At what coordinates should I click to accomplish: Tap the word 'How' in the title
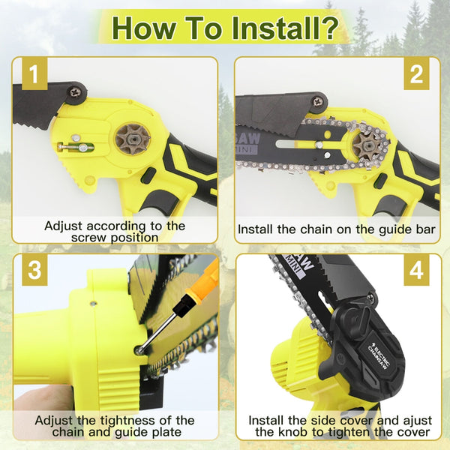click(x=145, y=28)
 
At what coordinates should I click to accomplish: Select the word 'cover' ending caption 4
click(x=412, y=433)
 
